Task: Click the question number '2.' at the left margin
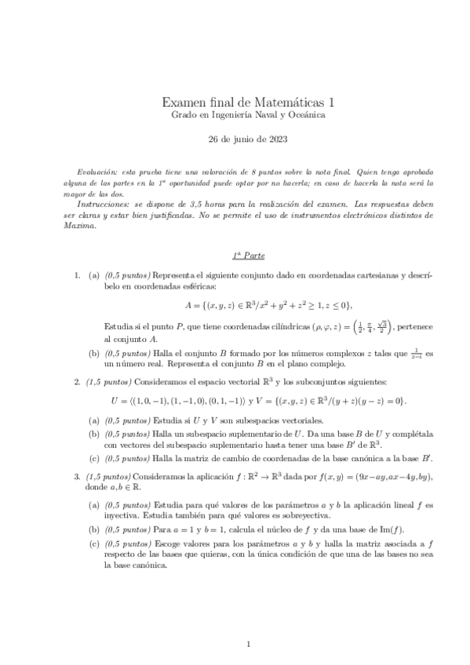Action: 77,382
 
